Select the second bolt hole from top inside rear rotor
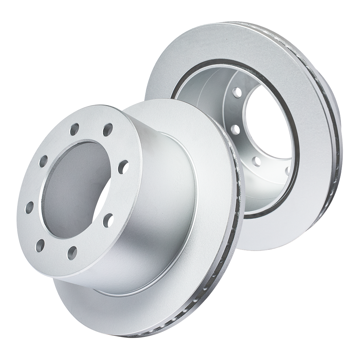(234, 128)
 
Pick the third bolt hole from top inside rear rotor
(256, 161)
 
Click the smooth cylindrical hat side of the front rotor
(162, 216)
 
